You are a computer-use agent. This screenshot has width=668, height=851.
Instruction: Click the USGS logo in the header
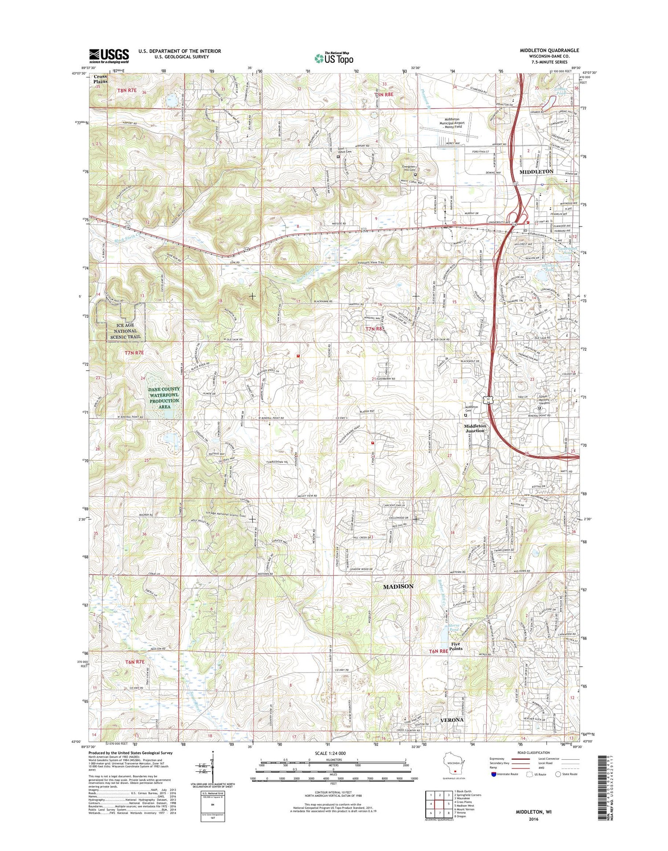click(x=109, y=55)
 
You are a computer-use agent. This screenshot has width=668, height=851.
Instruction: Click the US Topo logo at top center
click(x=334, y=58)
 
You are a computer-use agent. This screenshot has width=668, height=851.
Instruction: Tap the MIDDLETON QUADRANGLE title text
click(x=549, y=50)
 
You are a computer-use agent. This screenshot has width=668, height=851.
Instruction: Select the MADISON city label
click(x=398, y=587)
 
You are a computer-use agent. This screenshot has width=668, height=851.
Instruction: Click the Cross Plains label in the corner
click(x=100, y=79)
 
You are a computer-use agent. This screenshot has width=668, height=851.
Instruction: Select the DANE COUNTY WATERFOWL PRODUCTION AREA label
click(x=164, y=397)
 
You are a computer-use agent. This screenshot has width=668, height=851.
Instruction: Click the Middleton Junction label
click(x=475, y=428)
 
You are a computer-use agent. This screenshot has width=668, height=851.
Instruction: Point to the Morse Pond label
click(x=453, y=628)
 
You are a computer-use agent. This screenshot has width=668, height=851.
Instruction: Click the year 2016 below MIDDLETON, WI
click(x=533, y=819)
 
